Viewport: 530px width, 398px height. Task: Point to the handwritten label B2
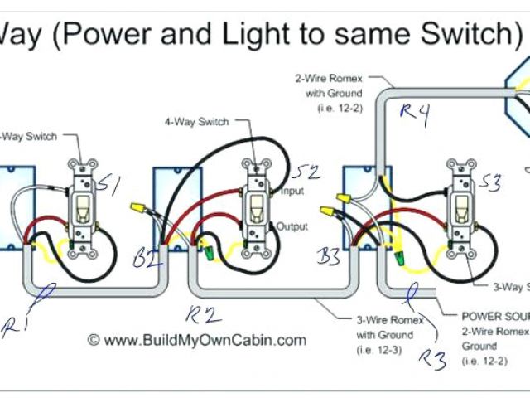coord(145,258)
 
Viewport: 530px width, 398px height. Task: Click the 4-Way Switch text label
coord(196,122)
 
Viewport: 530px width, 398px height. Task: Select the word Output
coord(292,226)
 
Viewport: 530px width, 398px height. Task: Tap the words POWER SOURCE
coord(494,317)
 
